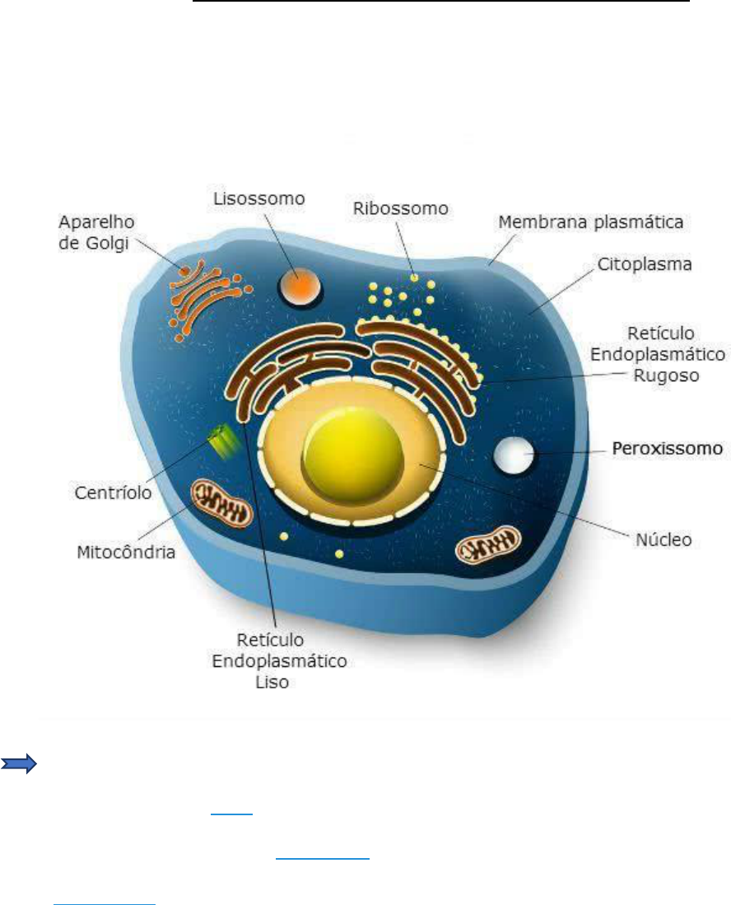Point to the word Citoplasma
[645, 266]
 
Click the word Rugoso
[660, 376]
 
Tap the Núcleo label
[664, 540]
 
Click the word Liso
[272, 682]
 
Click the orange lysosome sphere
[294, 287]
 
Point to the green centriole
[223, 441]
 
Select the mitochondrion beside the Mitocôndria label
[222, 504]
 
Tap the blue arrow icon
[21, 764]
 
